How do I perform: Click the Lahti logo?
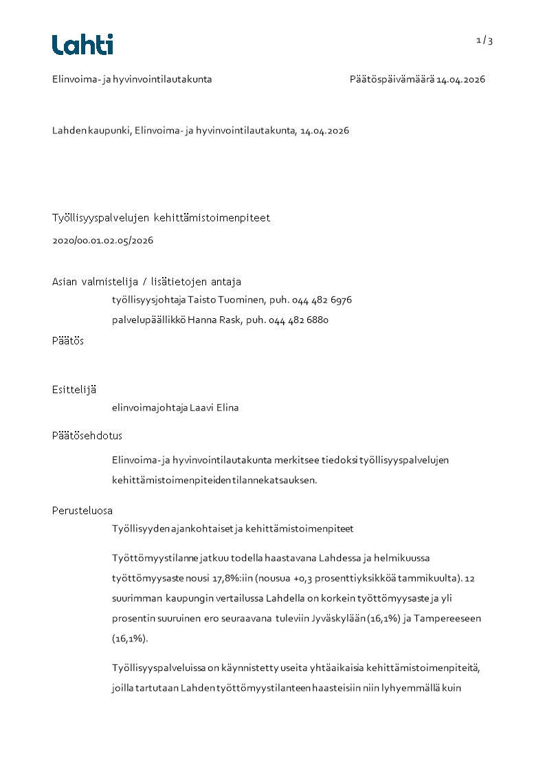[x=82, y=45]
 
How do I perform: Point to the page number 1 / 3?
[x=485, y=41]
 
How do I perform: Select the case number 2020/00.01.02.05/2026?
[x=102, y=241]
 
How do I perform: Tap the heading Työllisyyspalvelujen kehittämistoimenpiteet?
[x=161, y=218]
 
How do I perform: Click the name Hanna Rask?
[x=205, y=320]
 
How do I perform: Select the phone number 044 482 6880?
[x=298, y=320]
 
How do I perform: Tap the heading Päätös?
[x=68, y=341]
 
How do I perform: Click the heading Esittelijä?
[x=74, y=390]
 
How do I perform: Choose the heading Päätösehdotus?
[x=87, y=436]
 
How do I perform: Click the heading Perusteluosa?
[x=82, y=511]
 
